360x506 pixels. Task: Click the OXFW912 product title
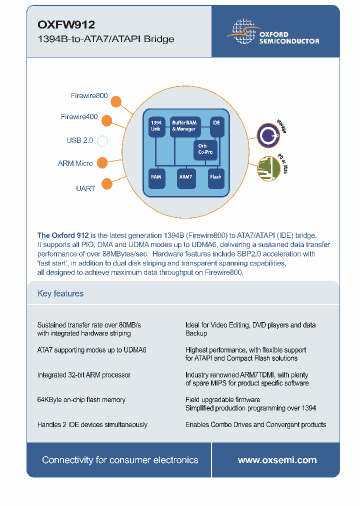[66, 24]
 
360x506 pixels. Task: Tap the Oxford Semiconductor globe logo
[242, 31]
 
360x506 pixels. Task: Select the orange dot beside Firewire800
[115, 101]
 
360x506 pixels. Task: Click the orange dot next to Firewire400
[106, 120]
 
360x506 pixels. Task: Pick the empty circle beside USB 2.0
[102, 141]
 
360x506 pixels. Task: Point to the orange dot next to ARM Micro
[102, 162]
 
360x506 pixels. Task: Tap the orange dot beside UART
[106, 184]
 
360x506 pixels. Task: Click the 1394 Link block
[156, 125]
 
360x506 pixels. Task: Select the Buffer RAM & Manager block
[184, 125]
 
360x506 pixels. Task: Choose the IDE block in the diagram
[216, 125]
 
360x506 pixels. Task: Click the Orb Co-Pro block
[205, 149]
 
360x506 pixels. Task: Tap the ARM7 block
[185, 177]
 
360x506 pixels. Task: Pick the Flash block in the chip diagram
[215, 177]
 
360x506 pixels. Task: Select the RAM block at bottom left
[156, 177]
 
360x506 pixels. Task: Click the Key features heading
[60, 293]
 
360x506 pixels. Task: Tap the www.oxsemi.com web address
[277, 460]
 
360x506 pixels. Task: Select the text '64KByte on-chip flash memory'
[81, 399]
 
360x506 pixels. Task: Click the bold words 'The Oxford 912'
[63, 235]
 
